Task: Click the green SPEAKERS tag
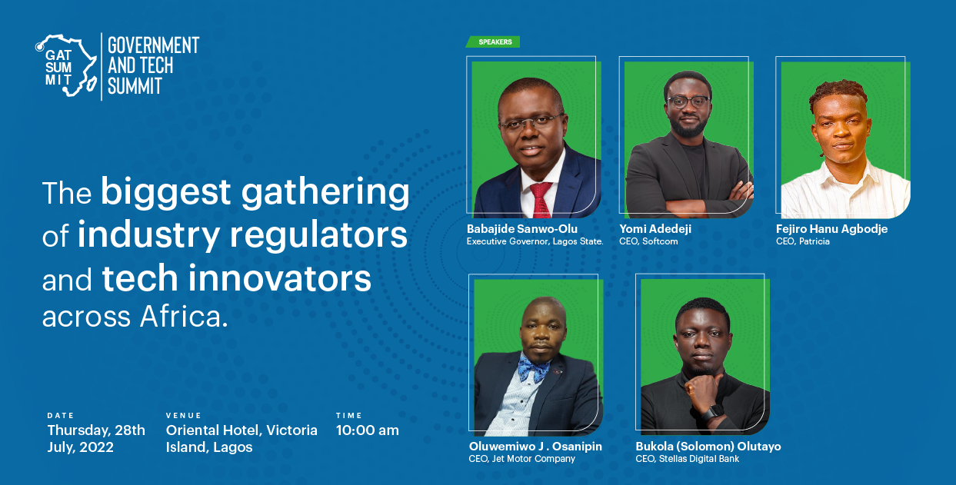click(x=493, y=42)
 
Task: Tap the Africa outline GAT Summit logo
click(x=66, y=65)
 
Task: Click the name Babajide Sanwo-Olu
click(x=522, y=229)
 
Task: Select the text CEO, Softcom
click(x=648, y=241)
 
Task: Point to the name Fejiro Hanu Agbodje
click(x=832, y=229)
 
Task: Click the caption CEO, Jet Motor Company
click(x=522, y=459)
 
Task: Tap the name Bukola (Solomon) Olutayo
click(x=708, y=447)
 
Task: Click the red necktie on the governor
click(x=541, y=200)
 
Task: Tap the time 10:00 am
click(x=368, y=430)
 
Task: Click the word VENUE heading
click(x=184, y=416)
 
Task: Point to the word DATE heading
click(x=61, y=416)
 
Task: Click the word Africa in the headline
click(x=185, y=317)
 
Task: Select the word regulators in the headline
click(x=319, y=235)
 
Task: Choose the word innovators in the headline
click(x=279, y=278)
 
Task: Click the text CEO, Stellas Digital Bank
click(x=687, y=459)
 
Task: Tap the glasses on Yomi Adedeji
click(x=688, y=102)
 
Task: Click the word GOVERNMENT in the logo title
click(x=153, y=45)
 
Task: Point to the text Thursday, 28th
click(x=96, y=430)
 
